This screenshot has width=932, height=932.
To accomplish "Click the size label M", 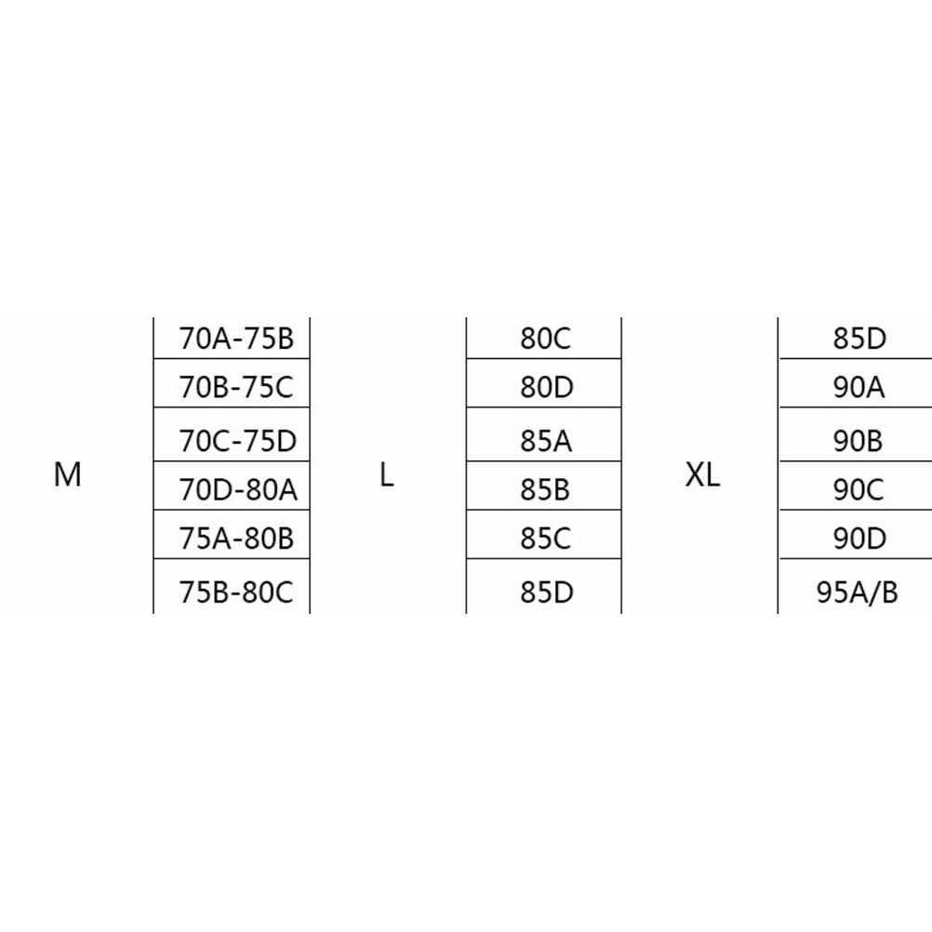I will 68,475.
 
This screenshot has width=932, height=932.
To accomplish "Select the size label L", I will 387,475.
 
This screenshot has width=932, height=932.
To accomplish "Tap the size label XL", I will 702,475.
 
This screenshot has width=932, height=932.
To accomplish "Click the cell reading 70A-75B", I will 236,339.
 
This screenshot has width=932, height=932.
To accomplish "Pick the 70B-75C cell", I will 236,387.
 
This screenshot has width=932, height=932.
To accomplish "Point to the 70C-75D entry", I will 236,439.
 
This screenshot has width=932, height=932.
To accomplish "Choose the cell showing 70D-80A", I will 236,488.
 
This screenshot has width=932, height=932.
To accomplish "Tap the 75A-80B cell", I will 236,539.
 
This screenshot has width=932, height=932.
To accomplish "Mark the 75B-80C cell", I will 236,592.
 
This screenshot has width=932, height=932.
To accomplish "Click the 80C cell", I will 545,339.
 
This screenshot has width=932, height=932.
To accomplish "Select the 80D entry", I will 545,387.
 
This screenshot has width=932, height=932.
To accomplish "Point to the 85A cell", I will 545,439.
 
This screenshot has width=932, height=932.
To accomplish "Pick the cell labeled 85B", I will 545,488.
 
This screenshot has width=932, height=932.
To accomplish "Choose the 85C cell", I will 545,539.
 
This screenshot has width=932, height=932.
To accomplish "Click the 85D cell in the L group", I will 545,592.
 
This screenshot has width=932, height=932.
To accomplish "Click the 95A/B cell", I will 857,592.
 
